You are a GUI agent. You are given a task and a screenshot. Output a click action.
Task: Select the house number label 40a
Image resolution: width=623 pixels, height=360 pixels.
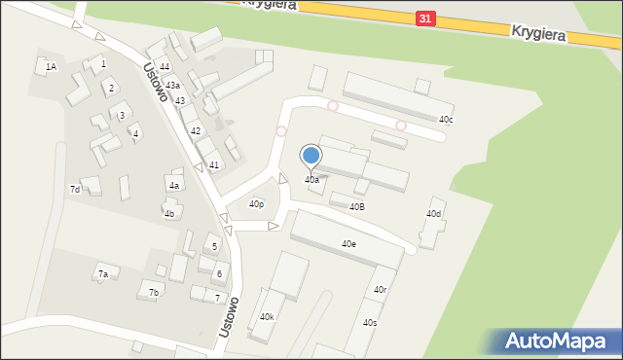click(311, 180)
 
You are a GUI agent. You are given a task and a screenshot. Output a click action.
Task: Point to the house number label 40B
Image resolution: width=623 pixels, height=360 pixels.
click(356, 206)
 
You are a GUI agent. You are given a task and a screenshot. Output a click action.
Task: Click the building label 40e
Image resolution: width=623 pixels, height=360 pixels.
click(348, 244)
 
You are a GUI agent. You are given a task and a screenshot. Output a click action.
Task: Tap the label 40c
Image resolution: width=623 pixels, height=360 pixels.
click(446, 120)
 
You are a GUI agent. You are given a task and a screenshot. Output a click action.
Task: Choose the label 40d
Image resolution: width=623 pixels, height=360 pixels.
click(433, 214)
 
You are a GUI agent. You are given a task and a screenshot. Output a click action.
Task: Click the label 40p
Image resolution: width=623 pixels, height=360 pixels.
click(256, 204)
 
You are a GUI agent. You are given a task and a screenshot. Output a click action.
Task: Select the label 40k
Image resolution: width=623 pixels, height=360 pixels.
click(267, 317)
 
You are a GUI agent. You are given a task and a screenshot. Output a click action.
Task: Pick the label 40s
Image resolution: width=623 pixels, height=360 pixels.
click(370, 322)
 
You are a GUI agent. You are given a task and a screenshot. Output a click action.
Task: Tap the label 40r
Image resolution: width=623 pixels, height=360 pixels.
click(381, 290)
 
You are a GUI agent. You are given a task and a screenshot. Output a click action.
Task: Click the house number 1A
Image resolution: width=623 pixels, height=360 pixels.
click(51, 66)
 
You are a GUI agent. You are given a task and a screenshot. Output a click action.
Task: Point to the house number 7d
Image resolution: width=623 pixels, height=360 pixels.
click(74, 189)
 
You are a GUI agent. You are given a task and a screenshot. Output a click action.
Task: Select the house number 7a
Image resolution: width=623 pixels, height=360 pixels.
click(102, 274)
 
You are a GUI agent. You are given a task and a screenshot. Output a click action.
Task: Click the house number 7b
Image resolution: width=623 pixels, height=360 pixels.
click(153, 292)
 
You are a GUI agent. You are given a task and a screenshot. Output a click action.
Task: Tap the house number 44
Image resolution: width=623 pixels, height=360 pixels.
click(165, 66)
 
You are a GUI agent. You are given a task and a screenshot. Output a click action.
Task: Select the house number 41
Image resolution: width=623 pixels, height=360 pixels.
click(213, 165)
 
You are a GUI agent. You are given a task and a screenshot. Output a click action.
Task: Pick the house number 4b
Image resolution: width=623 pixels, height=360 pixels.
click(169, 214)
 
